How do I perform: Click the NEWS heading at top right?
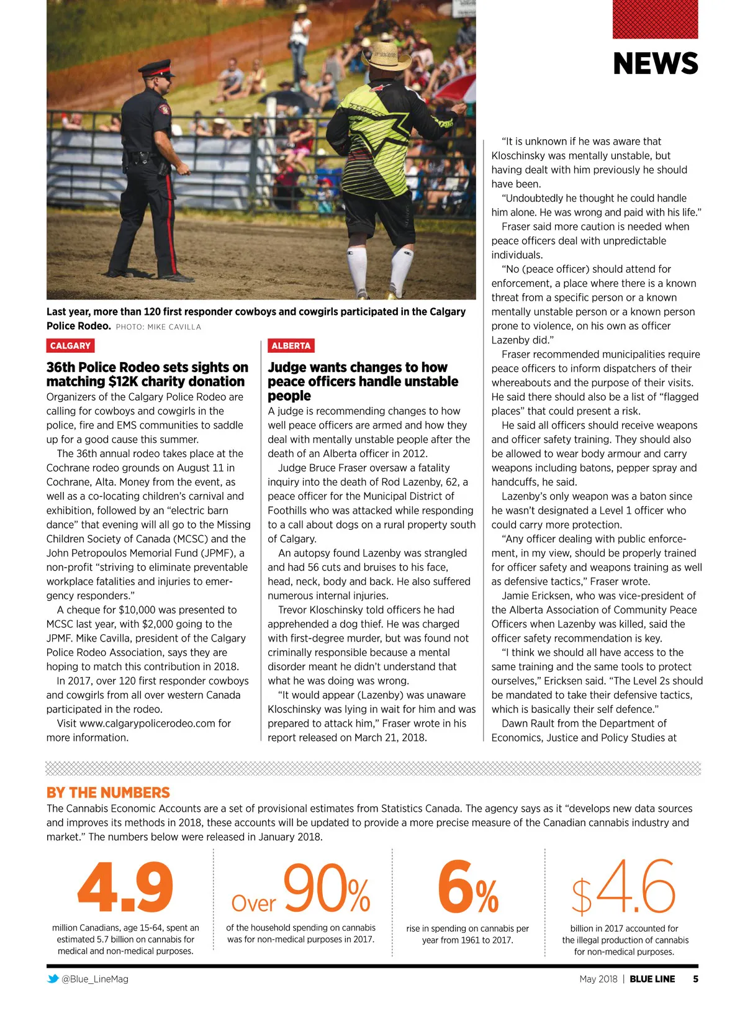(655, 64)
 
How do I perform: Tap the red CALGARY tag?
(70, 346)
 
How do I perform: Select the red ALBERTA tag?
(291, 346)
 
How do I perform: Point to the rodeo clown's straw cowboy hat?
(386, 57)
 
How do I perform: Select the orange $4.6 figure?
(623, 888)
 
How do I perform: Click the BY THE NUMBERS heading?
(108, 793)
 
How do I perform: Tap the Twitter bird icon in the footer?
(53, 979)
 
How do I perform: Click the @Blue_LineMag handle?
(95, 979)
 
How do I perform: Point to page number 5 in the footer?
(695, 979)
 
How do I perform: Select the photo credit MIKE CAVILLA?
(174, 327)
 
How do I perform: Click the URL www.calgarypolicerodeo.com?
(148, 724)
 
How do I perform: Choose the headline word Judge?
(290, 368)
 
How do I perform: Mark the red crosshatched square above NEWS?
(655, 19)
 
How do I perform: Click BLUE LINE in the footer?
(652, 979)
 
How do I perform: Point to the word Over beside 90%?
(253, 903)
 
